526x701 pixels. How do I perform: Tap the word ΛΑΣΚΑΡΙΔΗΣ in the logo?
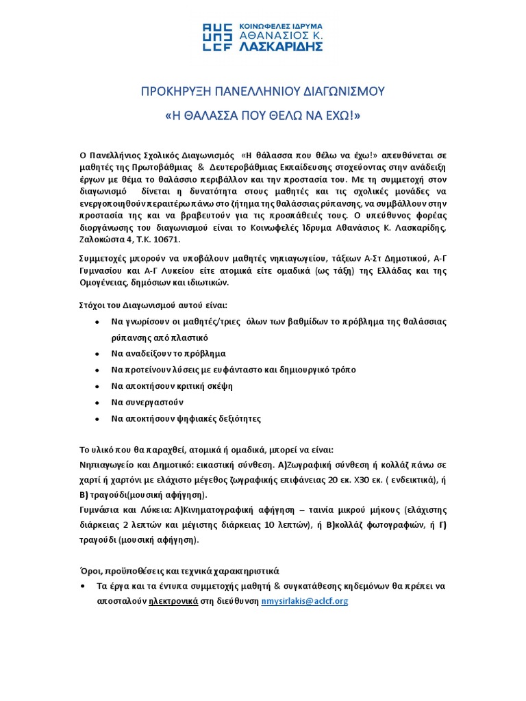pos(281,47)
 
